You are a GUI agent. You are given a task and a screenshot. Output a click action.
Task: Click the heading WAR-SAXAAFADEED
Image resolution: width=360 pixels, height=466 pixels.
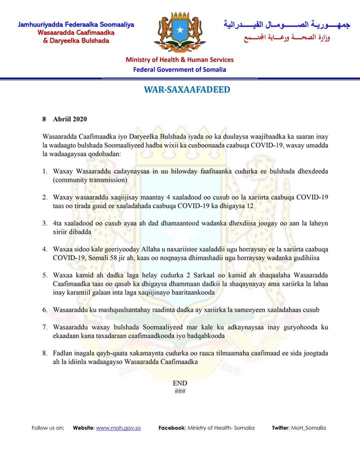(180, 90)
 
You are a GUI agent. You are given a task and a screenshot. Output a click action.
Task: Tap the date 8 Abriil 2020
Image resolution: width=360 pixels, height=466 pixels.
(65, 119)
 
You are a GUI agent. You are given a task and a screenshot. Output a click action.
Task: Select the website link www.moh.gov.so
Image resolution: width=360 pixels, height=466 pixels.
(118, 428)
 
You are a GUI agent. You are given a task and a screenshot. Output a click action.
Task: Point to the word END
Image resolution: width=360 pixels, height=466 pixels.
(180, 383)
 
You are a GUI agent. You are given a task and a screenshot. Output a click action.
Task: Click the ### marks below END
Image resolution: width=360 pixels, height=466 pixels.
(180, 391)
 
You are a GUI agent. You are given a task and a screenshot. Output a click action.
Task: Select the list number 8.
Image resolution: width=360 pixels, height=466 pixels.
(45, 353)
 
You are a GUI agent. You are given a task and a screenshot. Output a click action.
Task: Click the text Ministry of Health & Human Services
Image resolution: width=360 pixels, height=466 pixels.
(179, 60)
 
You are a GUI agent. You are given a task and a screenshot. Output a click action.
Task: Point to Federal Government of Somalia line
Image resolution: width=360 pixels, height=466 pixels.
(179, 70)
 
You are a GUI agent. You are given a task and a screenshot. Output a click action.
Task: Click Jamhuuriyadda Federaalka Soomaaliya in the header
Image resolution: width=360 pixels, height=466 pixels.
(76, 25)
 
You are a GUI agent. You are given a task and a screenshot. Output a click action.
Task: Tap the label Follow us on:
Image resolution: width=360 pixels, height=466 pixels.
(48, 428)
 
